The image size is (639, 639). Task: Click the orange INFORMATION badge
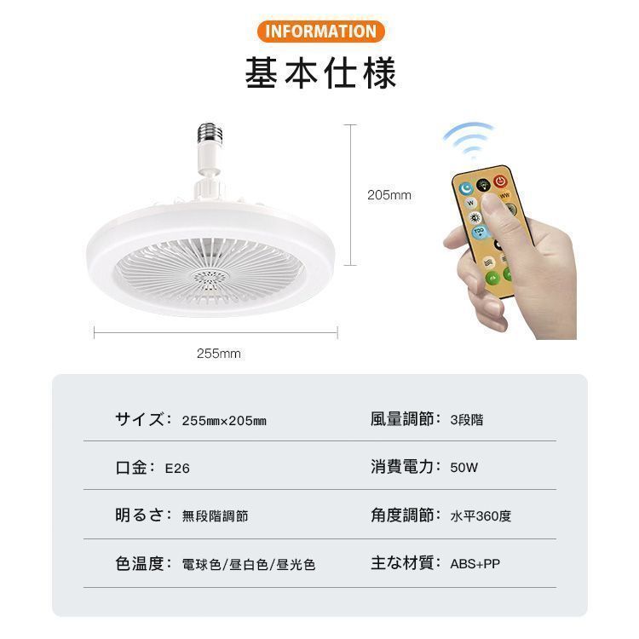point(320,32)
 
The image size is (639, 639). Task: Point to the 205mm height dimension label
point(389,195)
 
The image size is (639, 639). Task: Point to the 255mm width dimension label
point(219,353)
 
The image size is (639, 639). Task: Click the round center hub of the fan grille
point(210,280)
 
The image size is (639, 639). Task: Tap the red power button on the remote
point(500,181)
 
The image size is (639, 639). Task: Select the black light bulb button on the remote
point(483,185)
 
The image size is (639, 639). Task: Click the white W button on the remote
point(470,203)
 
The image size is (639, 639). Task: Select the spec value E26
point(177,468)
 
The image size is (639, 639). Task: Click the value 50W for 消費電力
point(464,468)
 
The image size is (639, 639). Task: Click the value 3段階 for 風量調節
point(467,419)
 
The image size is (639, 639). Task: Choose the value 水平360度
point(481,515)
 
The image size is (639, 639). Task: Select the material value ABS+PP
point(475,564)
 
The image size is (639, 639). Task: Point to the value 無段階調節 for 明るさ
point(216,515)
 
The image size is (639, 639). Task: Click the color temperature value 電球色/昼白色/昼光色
point(249,564)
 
